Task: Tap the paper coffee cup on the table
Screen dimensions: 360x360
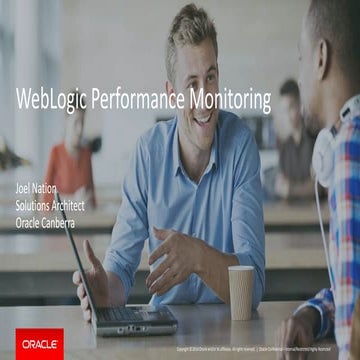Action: (x=241, y=292)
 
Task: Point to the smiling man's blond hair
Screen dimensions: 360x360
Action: (x=190, y=30)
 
